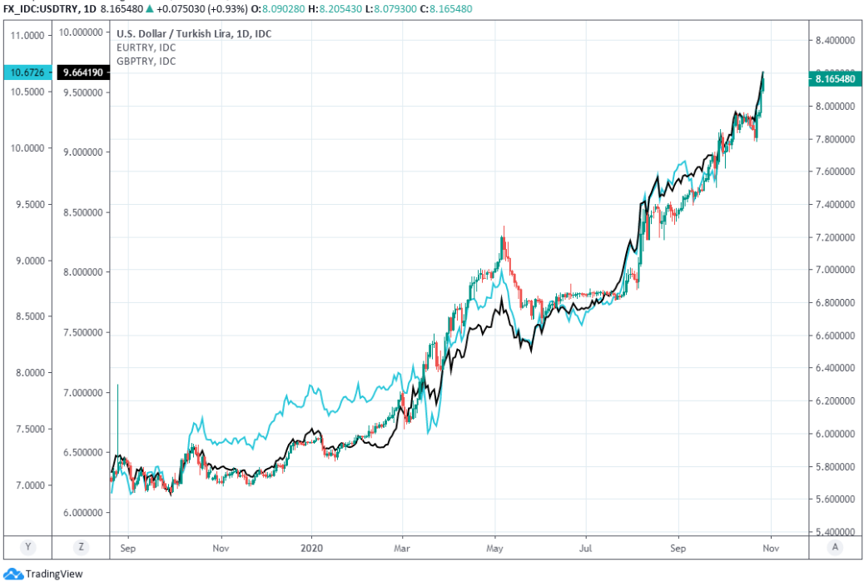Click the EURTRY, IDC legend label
point(146,47)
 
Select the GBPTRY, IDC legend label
point(146,61)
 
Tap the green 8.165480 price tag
point(835,78)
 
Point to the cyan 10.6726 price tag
point(26,73)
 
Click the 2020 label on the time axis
point(311,550)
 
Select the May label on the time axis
point(495,550)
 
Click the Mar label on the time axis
point(403,550)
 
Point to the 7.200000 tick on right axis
point(835,237)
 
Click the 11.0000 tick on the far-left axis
point(26,36)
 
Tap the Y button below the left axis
point(27,547)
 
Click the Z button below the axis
point(81,547)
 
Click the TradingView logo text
point(54,574)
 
